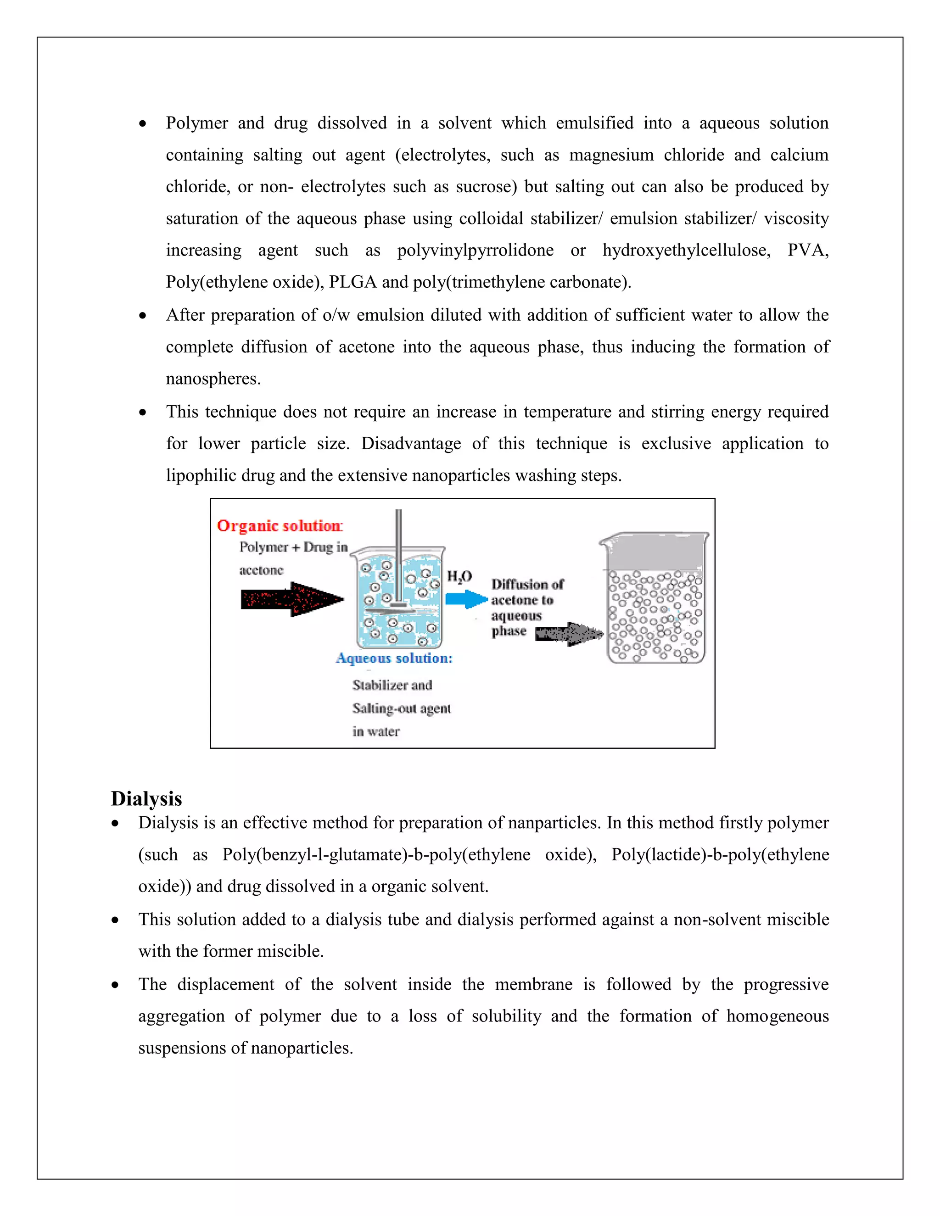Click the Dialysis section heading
(146, 798)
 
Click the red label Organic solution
(280, 525)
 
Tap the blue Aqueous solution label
(394, 658)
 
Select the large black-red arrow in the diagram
(292, 599)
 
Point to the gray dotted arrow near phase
(569, 634)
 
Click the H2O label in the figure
(459, 576)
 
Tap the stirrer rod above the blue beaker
(398, 535)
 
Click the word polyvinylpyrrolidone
(475, 250)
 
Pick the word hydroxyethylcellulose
(686, 250)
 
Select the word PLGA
(352, 282)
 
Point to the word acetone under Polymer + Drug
(261, 570)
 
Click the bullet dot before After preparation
(143, 316)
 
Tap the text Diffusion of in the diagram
(527, 584)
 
